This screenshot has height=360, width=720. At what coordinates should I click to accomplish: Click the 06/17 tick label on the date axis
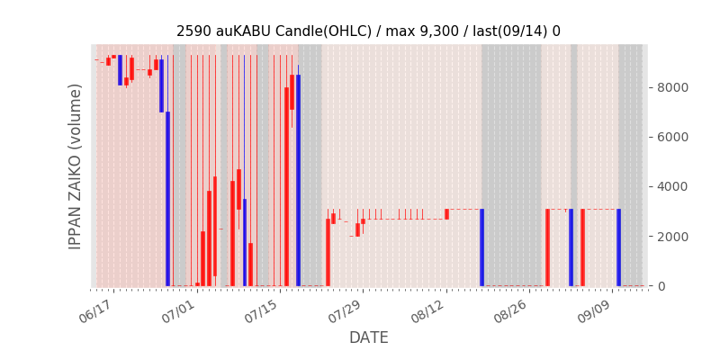click(x=95, y=312)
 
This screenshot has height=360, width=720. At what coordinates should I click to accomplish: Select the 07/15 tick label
click(x=262, y=312)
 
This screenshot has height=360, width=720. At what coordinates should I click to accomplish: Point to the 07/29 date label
click(x=346, y=312)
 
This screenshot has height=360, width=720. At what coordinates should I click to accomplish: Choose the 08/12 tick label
click(x=428, y=312)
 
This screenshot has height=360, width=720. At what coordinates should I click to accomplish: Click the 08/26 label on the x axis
click(x=512, y=312)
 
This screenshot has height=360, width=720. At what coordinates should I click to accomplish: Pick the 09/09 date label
click(x=595, y=312)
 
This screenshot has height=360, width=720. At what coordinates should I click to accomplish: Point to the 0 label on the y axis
click(x=661, y=286)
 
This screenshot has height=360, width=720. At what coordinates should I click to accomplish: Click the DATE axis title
click(x=369, y=337)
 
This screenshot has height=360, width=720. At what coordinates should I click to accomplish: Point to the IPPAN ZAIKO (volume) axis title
click(x=75, y=166)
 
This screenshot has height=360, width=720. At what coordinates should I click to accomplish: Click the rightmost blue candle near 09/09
click(x=618, y=247)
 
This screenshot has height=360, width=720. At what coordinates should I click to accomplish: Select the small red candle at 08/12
click(x=446, y=214)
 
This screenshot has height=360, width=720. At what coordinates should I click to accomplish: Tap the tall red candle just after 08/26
click(x=547, y=247)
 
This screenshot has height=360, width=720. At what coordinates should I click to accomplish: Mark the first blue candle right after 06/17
click(x=121, y=70)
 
